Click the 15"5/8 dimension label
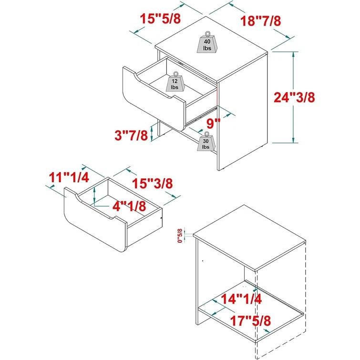tap(160, 19)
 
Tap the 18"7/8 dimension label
tap(260, 21)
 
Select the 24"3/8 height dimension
tap(294, 98)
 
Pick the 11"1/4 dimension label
tap(69, 177)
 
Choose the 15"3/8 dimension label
tap(152, 183)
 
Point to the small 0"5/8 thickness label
tap(180, 235)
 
